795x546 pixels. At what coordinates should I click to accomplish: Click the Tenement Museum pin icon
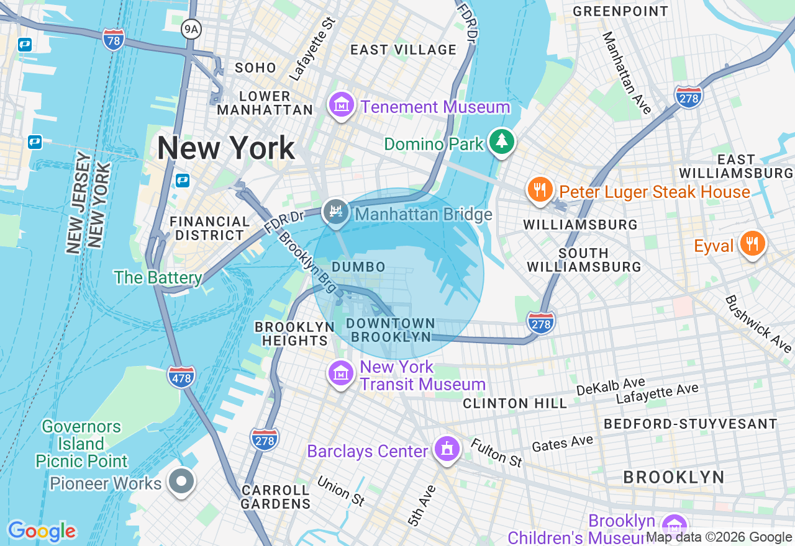point(342,106)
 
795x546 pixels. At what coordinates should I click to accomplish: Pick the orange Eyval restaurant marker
point(752,244)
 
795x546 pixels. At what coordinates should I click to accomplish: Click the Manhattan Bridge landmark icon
point(336,212)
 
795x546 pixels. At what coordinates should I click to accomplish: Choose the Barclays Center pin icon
point(446,449)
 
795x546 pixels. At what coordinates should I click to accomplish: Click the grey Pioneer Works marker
point(182,482)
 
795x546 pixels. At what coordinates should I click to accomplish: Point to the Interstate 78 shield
point(114,39)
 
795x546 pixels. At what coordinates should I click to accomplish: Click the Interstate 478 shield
point(181,376)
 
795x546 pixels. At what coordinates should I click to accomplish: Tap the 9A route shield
point(192,29)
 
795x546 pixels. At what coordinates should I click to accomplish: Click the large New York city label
point(226,149)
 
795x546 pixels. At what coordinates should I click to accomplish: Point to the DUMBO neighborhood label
point(358,267)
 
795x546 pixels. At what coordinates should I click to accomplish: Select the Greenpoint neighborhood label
point(620,11)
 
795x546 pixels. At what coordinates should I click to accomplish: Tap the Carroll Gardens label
point(275,496)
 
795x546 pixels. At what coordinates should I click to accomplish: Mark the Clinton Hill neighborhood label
point(515,403)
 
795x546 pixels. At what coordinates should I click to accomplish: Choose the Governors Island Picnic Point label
point(81,444)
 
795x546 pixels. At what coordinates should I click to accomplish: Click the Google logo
point(42,532)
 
